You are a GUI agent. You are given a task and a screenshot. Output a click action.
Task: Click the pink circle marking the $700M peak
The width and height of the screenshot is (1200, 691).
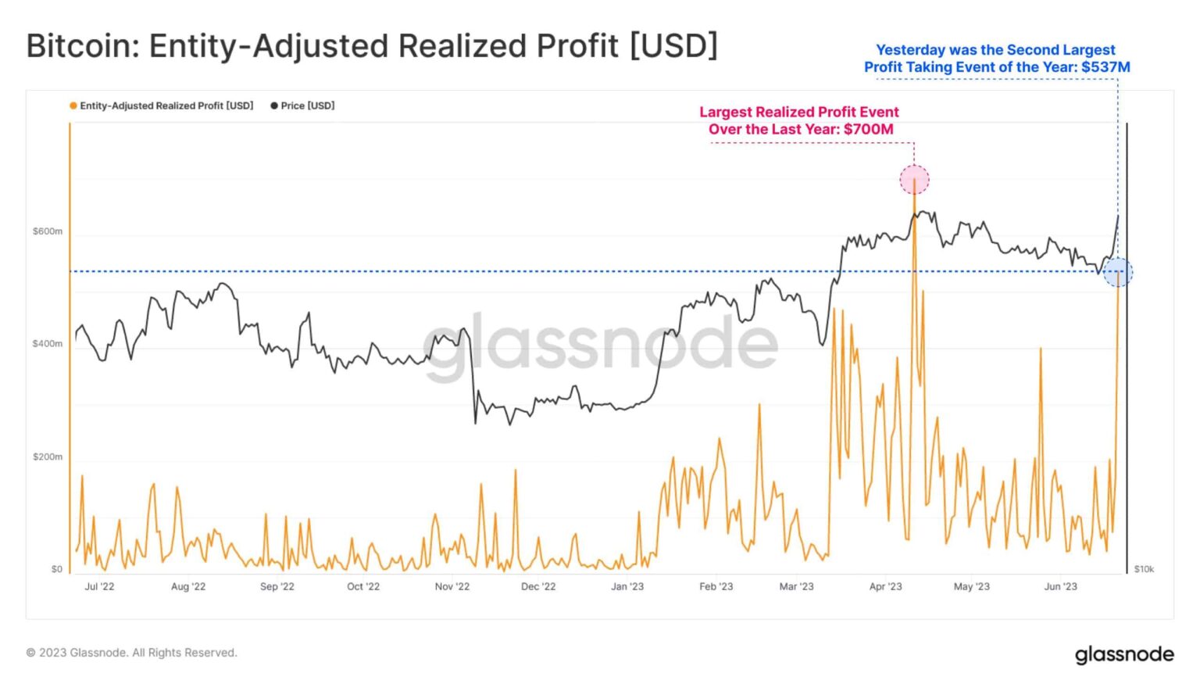914,180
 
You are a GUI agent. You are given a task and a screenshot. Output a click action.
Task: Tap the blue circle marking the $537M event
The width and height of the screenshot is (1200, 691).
1118,272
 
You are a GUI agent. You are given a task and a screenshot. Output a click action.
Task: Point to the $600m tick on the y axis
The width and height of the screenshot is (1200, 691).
48,231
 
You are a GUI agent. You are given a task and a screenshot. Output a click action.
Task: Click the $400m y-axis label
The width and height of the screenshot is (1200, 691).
48,344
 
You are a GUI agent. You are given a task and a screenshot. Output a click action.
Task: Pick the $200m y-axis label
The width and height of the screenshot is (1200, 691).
48,456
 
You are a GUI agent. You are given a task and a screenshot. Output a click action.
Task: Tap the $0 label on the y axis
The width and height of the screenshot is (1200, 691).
56,569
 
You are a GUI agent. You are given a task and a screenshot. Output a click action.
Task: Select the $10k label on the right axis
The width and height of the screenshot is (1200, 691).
1144,569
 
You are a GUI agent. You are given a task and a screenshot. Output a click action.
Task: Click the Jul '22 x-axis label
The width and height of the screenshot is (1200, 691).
99,586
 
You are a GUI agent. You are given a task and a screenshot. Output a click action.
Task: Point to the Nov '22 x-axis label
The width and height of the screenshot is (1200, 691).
452,586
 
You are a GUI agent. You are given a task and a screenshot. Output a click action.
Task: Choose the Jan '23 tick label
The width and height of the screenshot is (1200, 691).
627,586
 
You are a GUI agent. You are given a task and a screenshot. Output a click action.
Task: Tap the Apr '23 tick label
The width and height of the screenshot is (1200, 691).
885,586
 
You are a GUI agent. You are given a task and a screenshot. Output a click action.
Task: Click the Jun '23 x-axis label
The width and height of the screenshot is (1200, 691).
1060,586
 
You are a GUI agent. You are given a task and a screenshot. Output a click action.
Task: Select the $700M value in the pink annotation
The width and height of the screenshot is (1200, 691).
868,129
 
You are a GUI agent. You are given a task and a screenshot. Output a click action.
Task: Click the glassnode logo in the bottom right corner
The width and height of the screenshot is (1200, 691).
1124,653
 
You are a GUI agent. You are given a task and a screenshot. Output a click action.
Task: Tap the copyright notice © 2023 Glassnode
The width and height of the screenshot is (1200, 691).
131,653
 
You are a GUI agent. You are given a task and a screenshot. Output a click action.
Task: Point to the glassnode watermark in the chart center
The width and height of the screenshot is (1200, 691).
600,344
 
